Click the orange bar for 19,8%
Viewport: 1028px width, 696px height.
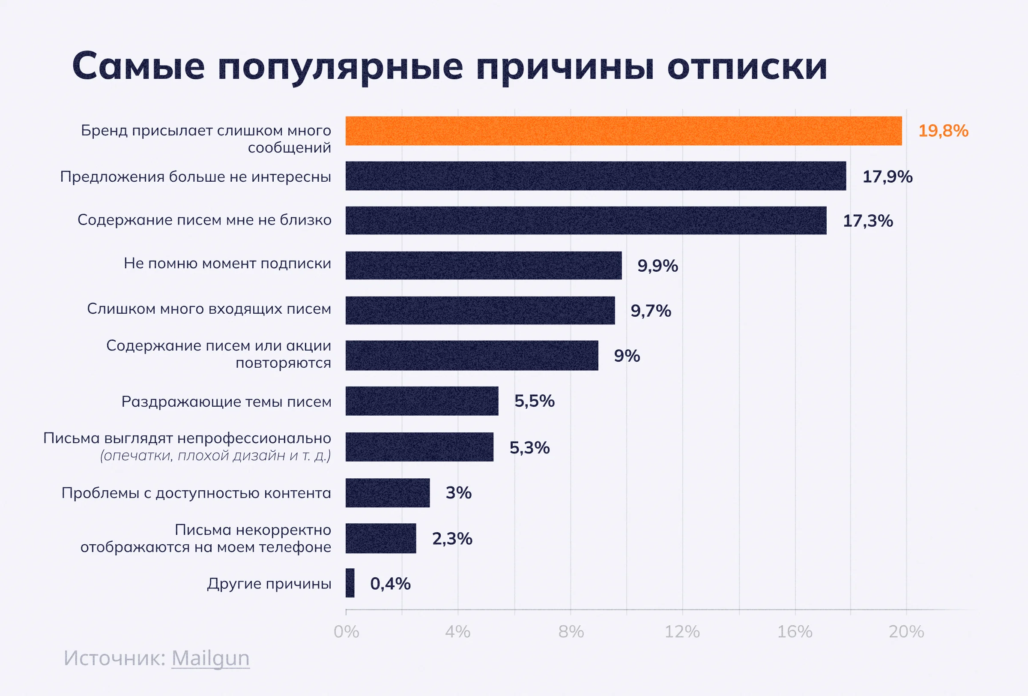tap(623, 131)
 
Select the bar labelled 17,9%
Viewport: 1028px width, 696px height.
tap(595, 176)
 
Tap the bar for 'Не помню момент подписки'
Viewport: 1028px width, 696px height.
tap(483, 265)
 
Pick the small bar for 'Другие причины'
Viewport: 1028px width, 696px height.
tap(350, 583)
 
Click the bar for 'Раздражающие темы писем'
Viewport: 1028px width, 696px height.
tap(421, 401)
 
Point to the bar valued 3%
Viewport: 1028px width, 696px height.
tap(388, 492)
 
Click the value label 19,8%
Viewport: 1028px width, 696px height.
tap(943, 131)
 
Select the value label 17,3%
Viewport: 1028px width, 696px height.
tap(867, 221)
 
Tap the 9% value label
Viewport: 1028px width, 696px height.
tap(626, 356)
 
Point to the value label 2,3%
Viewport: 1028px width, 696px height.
tap(451, 538)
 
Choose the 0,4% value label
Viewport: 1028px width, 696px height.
tap(390, 584)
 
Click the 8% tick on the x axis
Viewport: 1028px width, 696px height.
tap(571, 632)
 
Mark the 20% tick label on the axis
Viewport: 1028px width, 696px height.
tap(906, 632)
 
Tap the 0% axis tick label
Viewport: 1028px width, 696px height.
tap(347, 632)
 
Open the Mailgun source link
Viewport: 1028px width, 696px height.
tap(210, 658)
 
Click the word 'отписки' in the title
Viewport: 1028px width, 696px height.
tap(747, 66)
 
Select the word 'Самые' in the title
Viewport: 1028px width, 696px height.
tap(138, 66)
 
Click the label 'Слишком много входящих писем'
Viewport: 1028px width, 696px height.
tap(209, 309)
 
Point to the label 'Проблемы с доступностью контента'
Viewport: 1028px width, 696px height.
tap(196, 492)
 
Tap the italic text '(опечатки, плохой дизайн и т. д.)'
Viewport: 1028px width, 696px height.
tap(215, 455)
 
